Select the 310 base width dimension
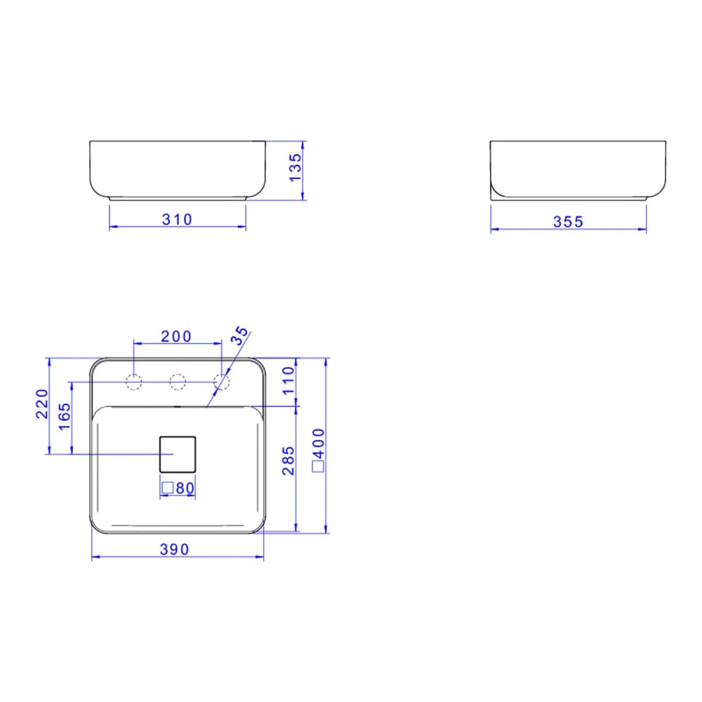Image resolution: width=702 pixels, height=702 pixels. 177,220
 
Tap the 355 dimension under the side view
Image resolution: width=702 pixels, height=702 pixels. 568,222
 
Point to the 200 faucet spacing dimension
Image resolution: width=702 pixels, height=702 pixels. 176,336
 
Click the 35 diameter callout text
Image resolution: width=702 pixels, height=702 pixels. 239,336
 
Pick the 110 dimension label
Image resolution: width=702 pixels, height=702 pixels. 289,381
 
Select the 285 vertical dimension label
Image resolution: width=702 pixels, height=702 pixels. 289,461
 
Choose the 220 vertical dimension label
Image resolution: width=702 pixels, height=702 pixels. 41,404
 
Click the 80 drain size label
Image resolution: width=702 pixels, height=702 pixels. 184,488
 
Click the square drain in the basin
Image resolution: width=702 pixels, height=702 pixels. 178,453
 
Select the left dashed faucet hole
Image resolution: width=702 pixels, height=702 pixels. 133,382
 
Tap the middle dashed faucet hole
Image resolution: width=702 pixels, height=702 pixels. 178,382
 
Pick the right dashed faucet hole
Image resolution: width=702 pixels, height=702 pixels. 222,382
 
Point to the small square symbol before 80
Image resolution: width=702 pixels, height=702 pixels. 167,488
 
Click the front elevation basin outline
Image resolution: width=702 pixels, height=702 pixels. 178,170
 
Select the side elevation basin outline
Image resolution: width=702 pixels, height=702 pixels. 577,170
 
